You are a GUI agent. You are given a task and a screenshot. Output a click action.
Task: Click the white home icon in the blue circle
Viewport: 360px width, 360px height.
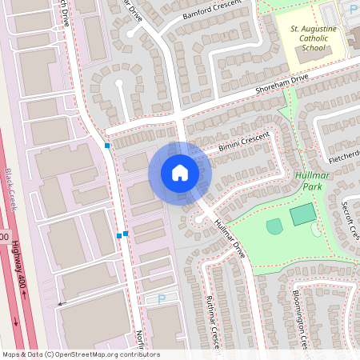[180, 173]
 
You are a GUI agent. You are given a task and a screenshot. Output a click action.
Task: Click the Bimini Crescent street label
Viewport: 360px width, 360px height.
[245, 143]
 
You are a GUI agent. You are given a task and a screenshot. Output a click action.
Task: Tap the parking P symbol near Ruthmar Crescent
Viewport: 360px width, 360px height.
[161, 298]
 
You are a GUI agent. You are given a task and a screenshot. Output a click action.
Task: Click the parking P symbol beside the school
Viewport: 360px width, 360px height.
[354, 9]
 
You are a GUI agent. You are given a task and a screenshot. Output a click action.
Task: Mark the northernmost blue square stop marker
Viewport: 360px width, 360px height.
[107, 146]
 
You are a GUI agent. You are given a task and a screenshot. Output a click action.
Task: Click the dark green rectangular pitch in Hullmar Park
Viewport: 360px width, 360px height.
[302, 214]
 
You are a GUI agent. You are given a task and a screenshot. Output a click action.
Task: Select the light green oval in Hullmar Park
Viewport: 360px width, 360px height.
[274, 226]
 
